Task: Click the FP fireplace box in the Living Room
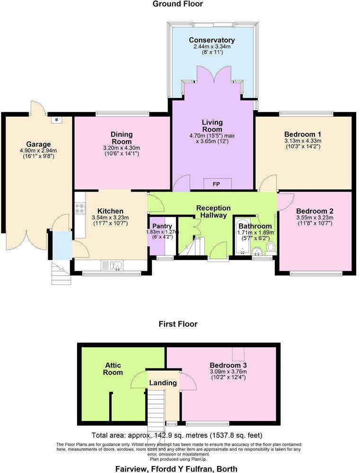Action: (217, 184)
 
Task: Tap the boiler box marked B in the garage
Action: (57, 120)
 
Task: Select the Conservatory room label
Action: (211, 40)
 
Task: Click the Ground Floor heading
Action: (177, 4)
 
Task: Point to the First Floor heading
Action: (178, 324)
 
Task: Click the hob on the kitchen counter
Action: (79, 208)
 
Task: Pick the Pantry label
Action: (160, 226)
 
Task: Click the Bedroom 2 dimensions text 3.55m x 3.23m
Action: (315, 218)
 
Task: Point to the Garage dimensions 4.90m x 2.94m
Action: (38, 150)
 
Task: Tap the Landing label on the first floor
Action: (163, 383)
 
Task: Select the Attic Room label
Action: (114, 369)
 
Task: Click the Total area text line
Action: (177, 435)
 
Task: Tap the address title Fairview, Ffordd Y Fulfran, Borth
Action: (176, 469)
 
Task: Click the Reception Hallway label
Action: (213, 211)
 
